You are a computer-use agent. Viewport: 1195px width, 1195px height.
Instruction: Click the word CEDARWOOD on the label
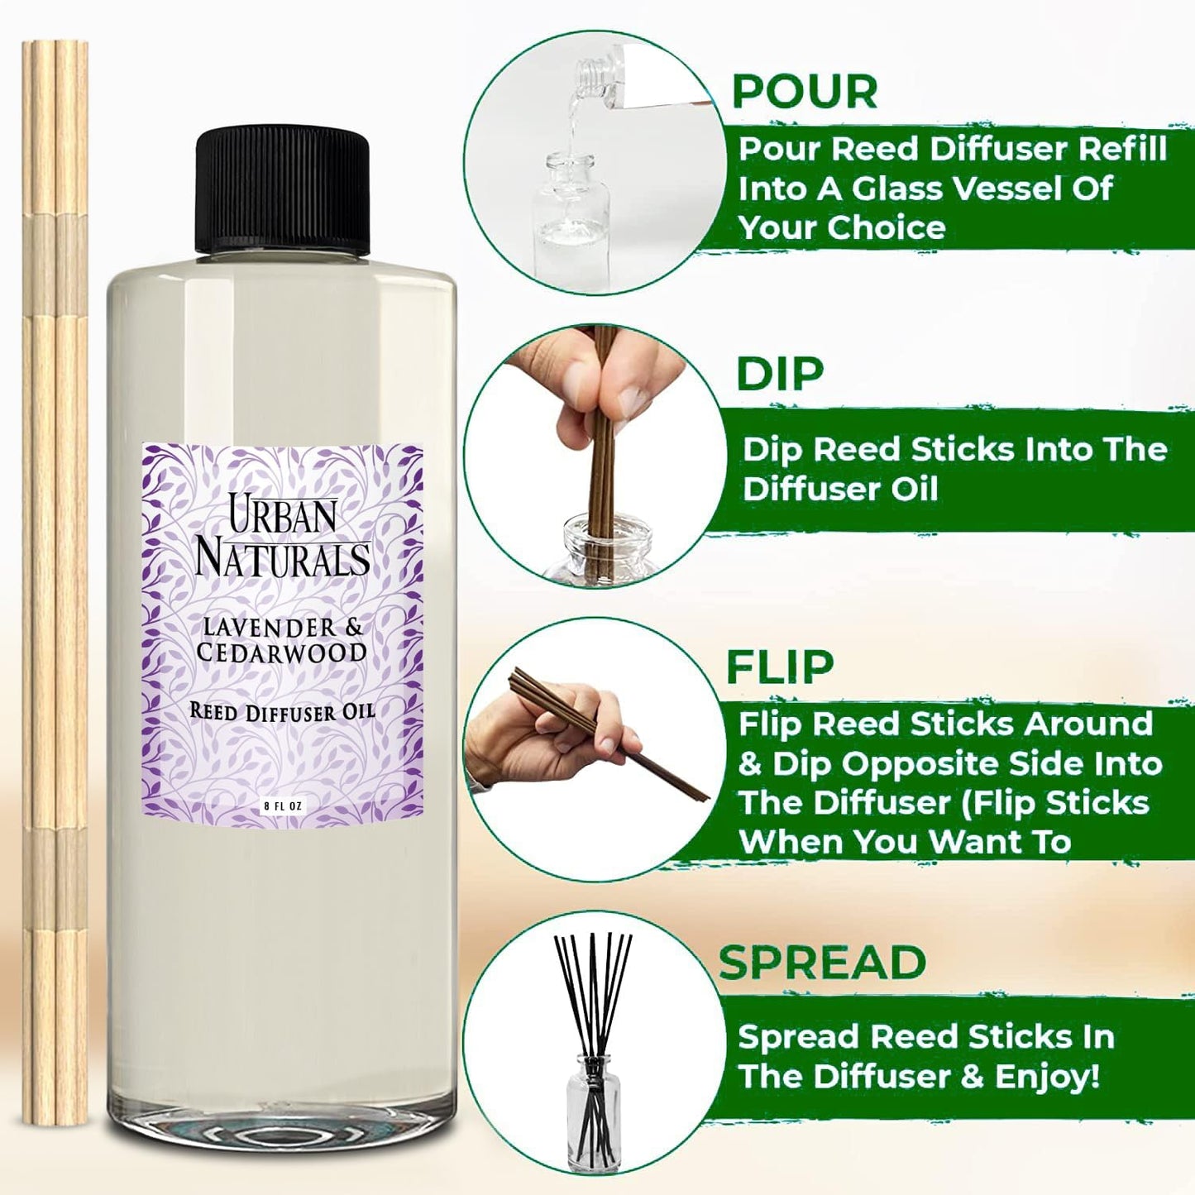[x=281, y=652]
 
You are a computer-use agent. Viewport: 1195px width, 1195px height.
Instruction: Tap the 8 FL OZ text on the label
[x=283, y=805]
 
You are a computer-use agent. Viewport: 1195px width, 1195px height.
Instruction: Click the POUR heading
[x=805, y=92]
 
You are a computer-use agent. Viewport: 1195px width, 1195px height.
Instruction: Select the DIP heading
[x=779, y=374]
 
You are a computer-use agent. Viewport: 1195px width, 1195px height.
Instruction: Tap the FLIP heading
[x=779, y=667]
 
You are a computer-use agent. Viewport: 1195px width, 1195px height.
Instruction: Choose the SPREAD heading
[x=821, y=962]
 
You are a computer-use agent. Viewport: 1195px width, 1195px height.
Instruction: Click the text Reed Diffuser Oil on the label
[x=282, y=711]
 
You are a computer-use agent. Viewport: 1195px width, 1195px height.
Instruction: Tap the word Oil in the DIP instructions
[x=914, y=489]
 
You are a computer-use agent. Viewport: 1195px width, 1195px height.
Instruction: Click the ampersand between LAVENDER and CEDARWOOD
[x=353, y=628]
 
